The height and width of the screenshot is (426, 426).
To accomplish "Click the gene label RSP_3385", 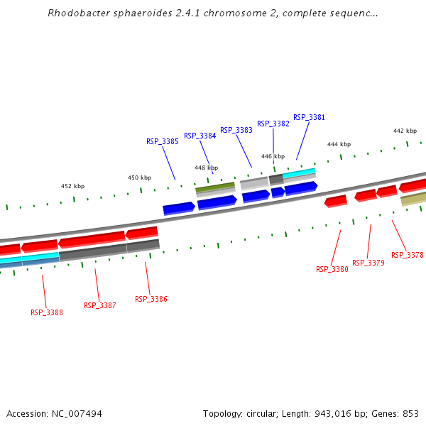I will (x=163, y=141).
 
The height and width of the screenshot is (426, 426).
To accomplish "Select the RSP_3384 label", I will (x=200, y=136).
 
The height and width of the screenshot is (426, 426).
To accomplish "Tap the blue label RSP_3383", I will (x=236, y=130).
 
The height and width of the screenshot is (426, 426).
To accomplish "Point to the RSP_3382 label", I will (x=273, y=124).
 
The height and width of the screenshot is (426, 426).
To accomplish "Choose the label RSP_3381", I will (x=309, y=117).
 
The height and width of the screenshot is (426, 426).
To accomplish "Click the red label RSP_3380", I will (x=332, y=269).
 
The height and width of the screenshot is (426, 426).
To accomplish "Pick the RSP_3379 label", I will (x=368, y=263).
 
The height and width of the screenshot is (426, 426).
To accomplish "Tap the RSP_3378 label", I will (x=407, y=255).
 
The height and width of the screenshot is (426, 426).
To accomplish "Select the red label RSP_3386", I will (x=151, y=299).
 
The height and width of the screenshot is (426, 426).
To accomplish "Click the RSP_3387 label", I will (x=99, y=305).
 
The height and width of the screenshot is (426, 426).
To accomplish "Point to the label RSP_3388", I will (x=46, y=312).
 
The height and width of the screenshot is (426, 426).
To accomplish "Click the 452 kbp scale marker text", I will (x=72, y=186).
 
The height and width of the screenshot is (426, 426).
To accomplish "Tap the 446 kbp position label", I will (x=273, y=156).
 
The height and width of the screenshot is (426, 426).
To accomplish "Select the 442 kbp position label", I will (x=405, y=131).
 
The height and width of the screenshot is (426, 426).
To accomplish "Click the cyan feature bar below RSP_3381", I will (x=299, y=172).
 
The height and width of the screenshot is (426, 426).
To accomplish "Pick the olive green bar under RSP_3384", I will (x=214, y=187).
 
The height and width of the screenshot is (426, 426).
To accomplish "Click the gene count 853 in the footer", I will (x=410, y=413).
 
